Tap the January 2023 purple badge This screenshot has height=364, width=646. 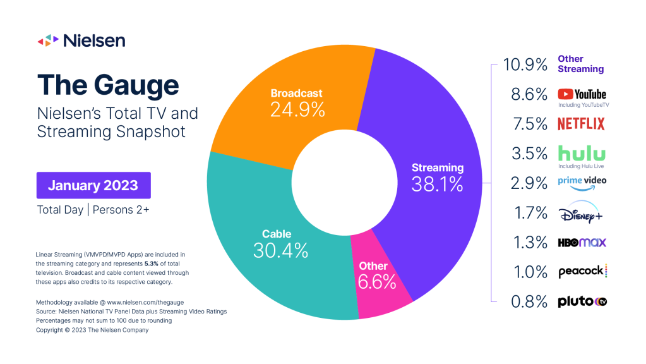[93, 186]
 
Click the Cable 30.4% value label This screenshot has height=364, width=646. [280, 251]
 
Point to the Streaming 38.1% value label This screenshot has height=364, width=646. [438, 183]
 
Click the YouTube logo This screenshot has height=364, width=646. [582, 94]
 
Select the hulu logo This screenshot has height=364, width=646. [582, 153]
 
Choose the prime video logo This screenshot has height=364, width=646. [582, 181]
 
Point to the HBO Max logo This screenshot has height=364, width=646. [582, 242]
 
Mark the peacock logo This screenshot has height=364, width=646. [582, 272]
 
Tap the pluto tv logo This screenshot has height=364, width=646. [582, 301]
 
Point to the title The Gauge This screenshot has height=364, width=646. [108, 85]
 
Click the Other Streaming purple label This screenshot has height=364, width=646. [580, 64]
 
